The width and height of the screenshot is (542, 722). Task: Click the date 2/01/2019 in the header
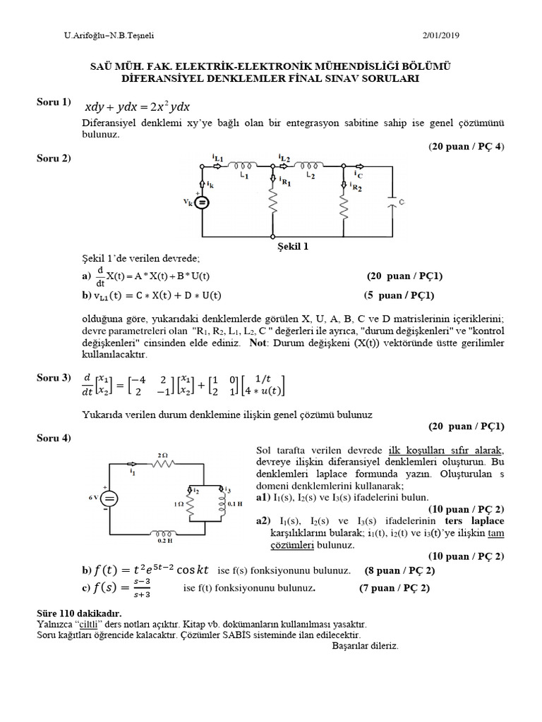pyautogui.click(x=482, y=36)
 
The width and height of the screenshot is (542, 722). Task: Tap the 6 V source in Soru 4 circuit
pyautogui.click(x=109, y=498)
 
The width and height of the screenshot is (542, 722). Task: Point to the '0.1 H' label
pyautogui.click(x=235, y=504)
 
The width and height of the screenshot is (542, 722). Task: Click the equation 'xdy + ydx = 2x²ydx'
pyautogui.click(x=137, y=107)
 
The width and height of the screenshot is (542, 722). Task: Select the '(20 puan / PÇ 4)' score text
pyautogui.click(x=466, y=147)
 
